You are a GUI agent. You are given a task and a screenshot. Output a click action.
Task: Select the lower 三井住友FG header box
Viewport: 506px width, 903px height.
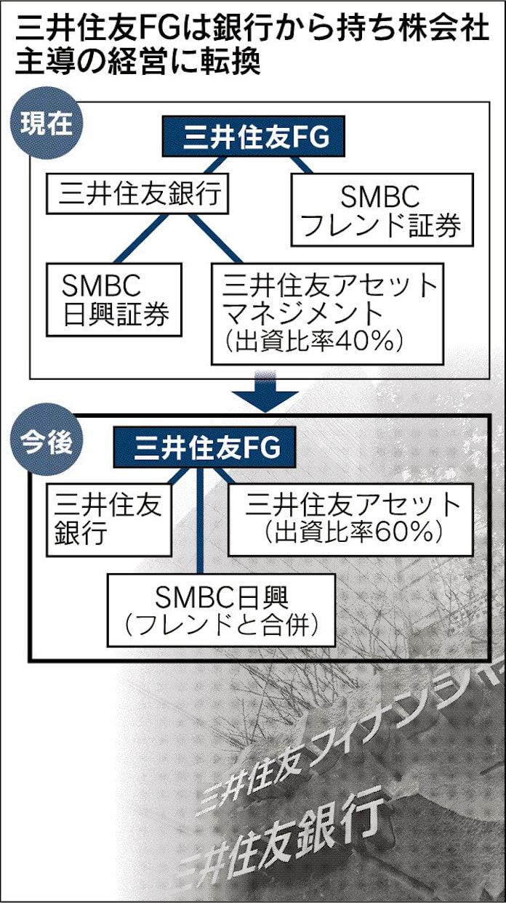pos(204,448)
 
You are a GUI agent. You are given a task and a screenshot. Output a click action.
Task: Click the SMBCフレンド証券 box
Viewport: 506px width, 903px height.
pos(381,208)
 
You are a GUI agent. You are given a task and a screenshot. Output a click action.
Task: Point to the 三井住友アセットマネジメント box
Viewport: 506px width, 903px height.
pos(327,312)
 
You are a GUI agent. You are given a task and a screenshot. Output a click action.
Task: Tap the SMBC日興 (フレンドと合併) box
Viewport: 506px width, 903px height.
pos(221,610)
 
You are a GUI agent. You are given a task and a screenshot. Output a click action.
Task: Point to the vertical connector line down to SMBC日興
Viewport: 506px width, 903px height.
pos(199,523)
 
